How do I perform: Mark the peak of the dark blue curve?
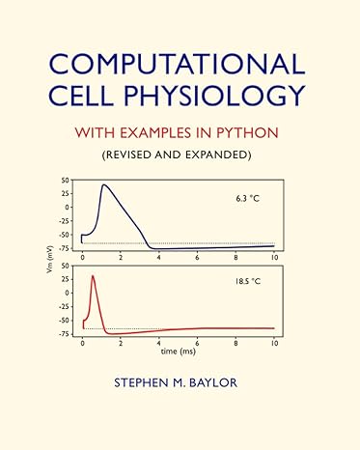[104, 184]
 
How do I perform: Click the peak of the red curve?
[94, 276]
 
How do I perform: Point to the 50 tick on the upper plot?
[65, 180]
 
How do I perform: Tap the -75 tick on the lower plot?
[63, 334]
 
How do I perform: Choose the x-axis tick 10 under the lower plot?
[274, 343]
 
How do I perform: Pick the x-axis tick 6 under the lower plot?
[198, 343]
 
